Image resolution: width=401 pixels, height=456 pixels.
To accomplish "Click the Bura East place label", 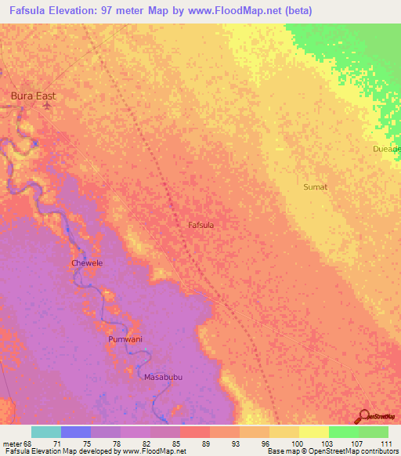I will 33,96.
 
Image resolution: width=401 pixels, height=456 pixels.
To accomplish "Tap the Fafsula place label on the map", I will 201,225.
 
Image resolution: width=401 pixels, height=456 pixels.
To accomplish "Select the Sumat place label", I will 315,187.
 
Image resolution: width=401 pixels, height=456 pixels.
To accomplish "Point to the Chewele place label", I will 87,263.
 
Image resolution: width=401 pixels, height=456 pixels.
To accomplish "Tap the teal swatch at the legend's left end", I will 46,432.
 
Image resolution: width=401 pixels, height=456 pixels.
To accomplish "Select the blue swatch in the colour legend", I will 76,432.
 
